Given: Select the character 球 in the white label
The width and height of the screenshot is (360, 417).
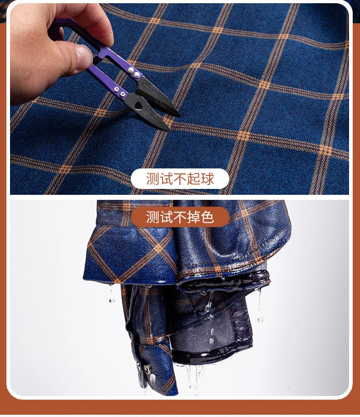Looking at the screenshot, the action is pyautogui.click(x=207, y=179).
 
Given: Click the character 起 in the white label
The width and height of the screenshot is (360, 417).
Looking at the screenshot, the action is pyautogui.click(x=194, y=179).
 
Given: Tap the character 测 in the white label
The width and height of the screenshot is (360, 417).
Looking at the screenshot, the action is pyautogui.click(x=153, y=179).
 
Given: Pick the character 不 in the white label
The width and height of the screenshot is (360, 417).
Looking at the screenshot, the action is pyautogui.click(x=180, y=179).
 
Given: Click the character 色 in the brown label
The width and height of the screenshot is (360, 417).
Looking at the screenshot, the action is pyautogui.click(x=207, y=217).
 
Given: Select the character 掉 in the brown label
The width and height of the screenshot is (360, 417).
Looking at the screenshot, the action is pyautogui.click(x=194, y=217).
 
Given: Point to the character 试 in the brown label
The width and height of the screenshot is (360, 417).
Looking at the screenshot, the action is pyautogui.click(x=166, y=217).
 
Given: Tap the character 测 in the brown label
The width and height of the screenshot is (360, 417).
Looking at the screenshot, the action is pyautogui.click(x=153, y=217).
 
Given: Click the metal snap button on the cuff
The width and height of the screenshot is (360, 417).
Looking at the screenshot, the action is pyautogui.click(x=147, y=369).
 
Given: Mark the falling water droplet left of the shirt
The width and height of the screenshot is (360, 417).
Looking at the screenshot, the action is pyautogui.click(x=112, y=300).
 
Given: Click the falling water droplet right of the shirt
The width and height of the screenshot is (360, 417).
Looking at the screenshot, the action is pyautogui.click(x=260, y=320).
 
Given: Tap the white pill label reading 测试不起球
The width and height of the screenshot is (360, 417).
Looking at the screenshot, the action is pyautogui.click(x=180, y=179).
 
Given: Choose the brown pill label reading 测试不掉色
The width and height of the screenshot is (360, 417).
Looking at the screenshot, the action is pyautogui.click(x=180, y=217).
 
